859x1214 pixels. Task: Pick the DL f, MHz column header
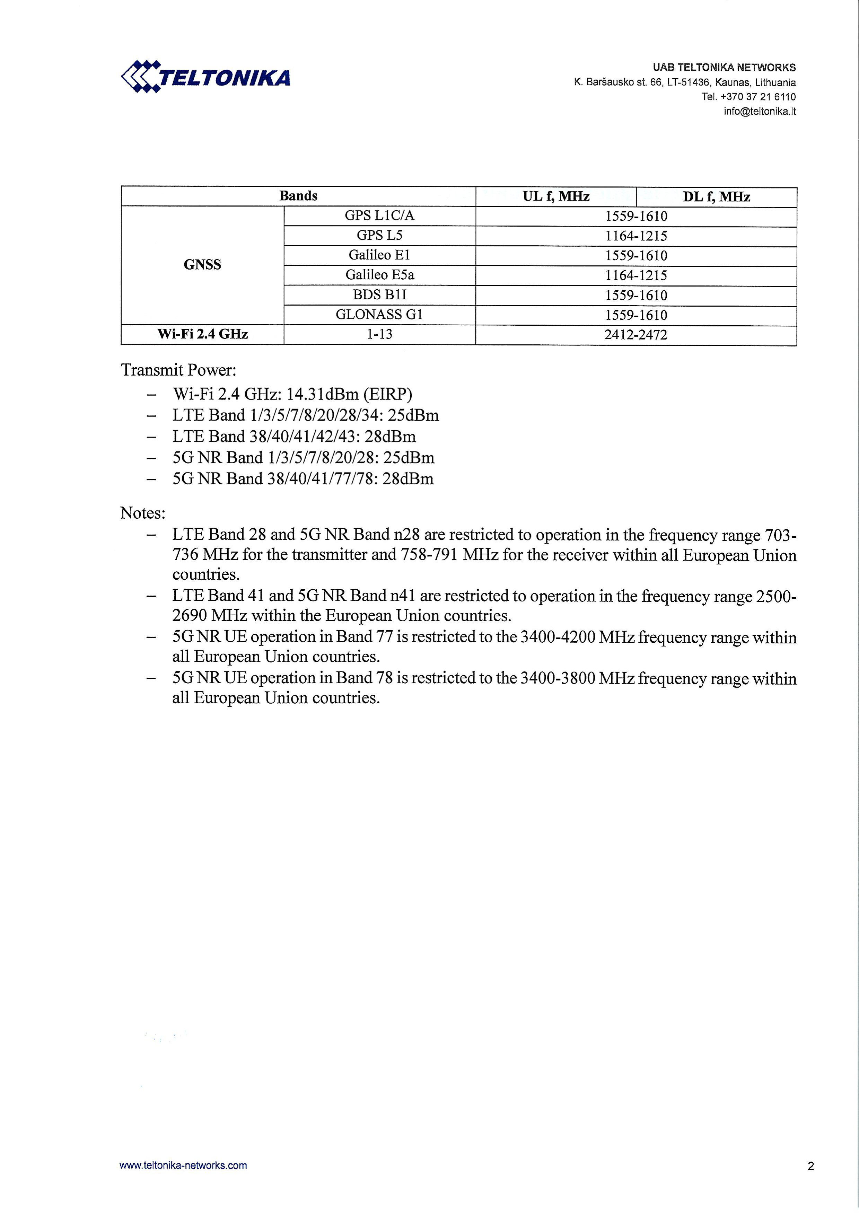[716, 197]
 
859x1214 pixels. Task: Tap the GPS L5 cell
[379, 235]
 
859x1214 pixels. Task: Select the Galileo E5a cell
[379, 275]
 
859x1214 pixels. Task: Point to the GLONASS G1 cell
[379, 315]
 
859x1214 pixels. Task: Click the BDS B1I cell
[379, 294]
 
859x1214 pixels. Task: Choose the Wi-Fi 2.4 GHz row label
[203, 334]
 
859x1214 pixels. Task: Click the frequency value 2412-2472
[636, 335]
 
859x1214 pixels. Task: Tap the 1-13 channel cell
[379, 334]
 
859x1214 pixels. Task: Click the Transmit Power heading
[179, 370]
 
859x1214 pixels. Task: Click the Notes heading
[143, 513]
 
